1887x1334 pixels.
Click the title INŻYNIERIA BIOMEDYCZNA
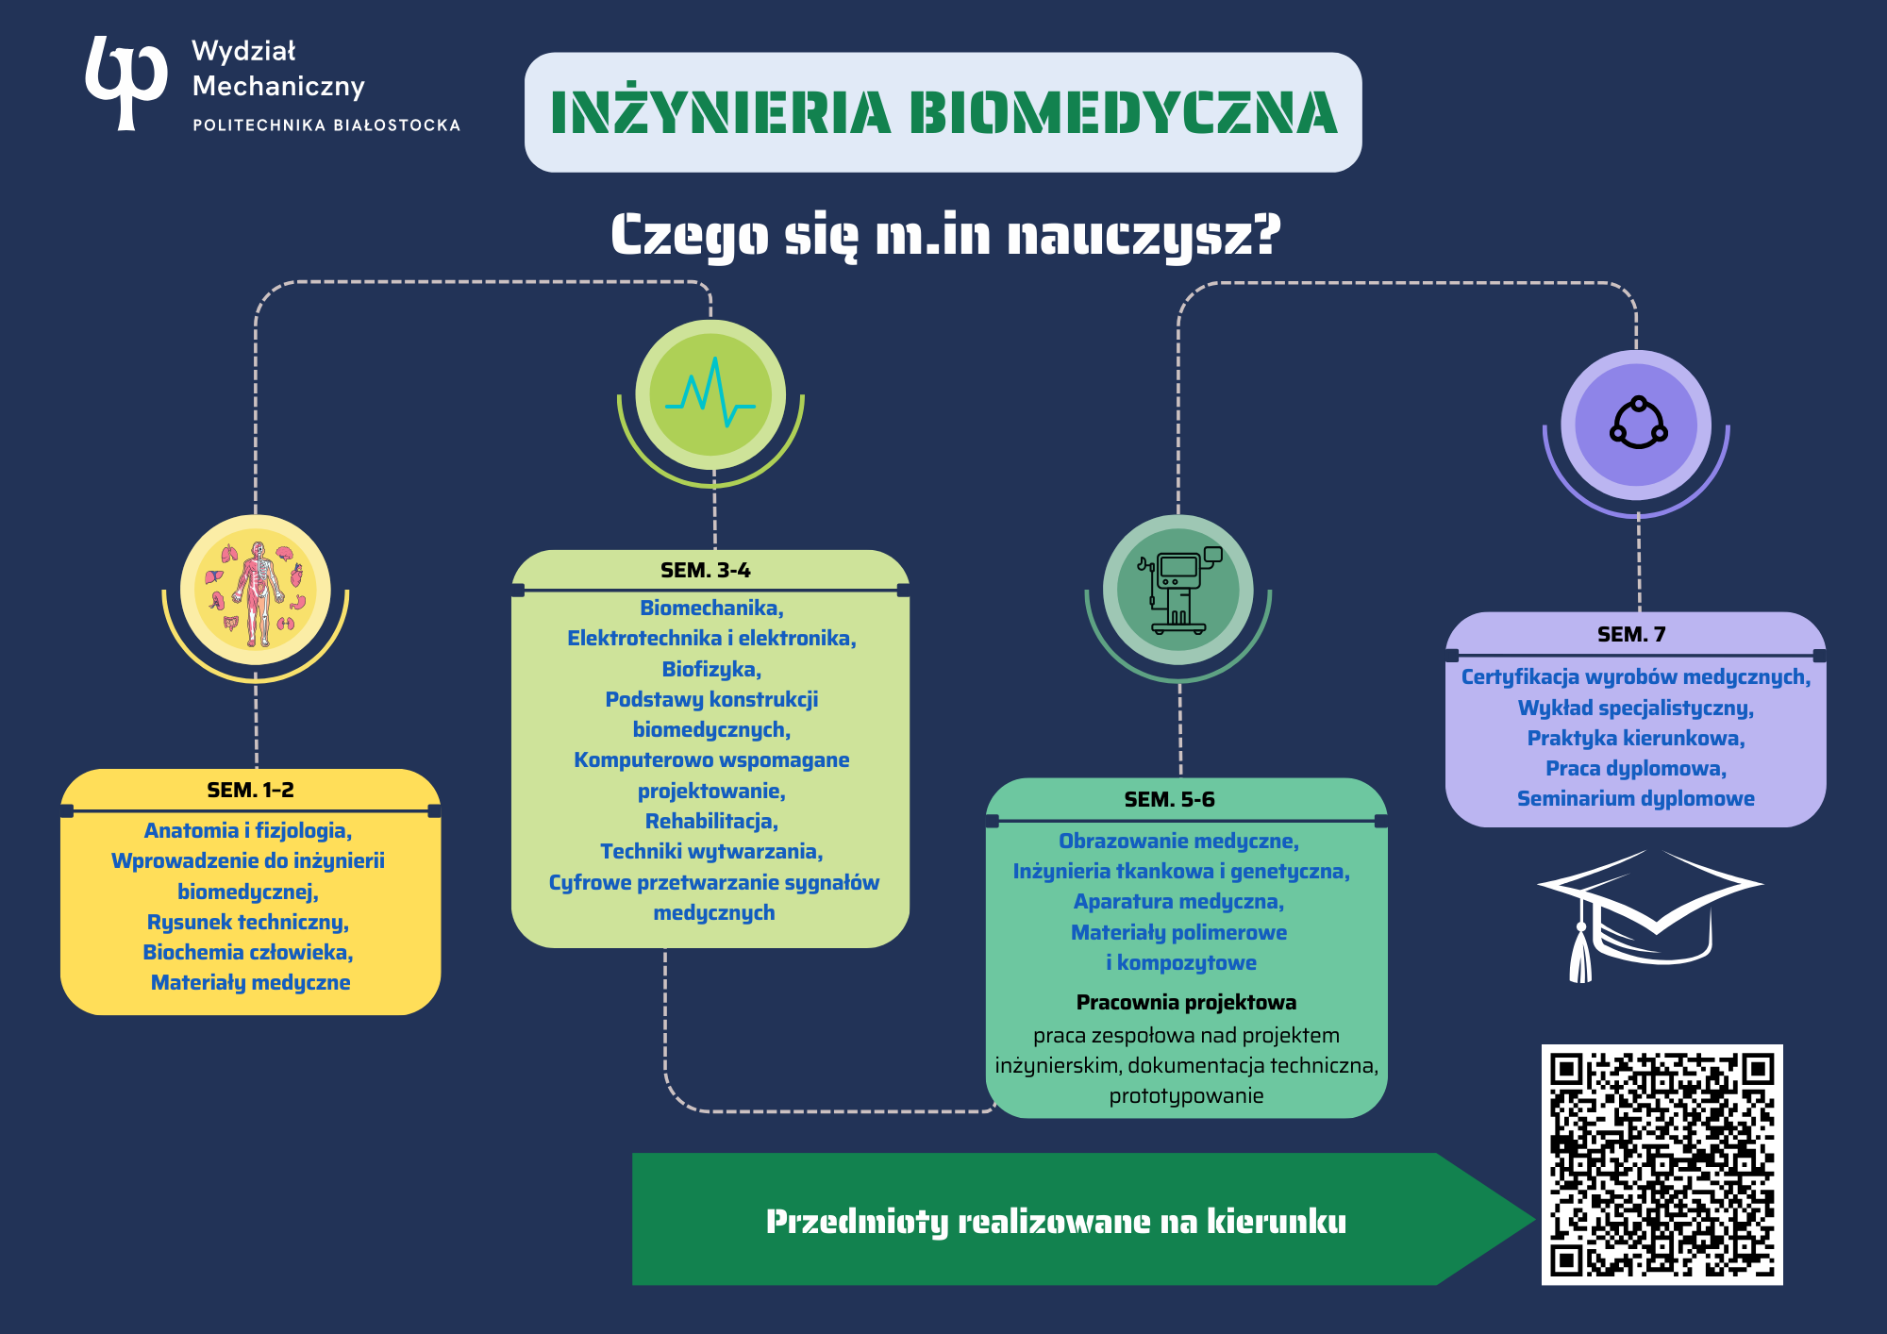click(x=943, y=113)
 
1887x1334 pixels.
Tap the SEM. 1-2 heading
click(x=250, y=791)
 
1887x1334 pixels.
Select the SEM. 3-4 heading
click(x=706, y=571)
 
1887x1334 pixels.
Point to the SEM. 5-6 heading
click(x=1169, y=800)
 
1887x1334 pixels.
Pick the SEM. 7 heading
click(x=1631, y=635)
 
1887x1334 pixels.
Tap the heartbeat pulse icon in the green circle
click(x=710, y=394)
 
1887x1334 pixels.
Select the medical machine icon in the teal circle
click(x=1178, y=591)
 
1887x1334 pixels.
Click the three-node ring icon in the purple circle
click(x=1638, y=424)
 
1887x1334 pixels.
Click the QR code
click(x=1662, y=1164)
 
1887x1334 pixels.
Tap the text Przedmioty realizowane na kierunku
click(x=1056, y=1222)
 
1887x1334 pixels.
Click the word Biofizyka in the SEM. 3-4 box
click(x=710, y=670)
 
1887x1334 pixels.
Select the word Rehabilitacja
click(x=710, y=822)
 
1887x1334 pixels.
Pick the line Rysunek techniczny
click(x=247, y=923)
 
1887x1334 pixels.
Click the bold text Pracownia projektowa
click(x=1186, y=1003)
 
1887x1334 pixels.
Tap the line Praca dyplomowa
click(x=1635, y=769)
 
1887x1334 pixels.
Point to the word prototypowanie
click(x=1186, y=1096)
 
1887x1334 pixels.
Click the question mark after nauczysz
click(x=1267, y=234)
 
